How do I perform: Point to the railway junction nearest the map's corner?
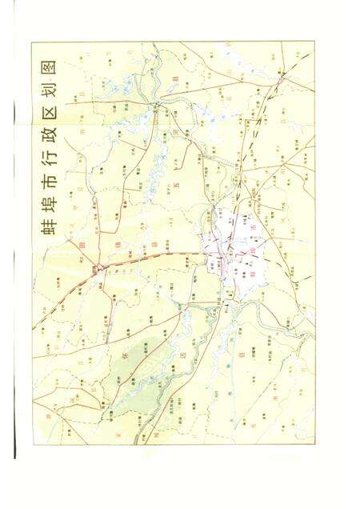(281, 78)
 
